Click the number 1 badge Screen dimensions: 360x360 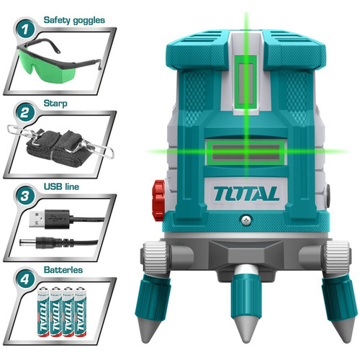click(x=25, y=30)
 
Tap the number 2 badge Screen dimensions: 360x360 click(x=25, y=112)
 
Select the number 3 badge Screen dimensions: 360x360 click(x=25, y=196)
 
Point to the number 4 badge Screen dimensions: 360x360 click(x=25, y=279)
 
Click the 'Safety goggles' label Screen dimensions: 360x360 click(x=74, y=20)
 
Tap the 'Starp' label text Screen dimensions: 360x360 click(x=55, y=104)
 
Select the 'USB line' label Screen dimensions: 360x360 click(x=61, y=186)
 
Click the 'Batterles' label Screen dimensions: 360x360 click(x=63, y=270)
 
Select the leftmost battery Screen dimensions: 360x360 click(x=43, y=311)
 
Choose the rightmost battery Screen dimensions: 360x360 click(x=81, y=311)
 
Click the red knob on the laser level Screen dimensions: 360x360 click(x=158, y=201)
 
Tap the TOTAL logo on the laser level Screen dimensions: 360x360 click(x=246, y=194)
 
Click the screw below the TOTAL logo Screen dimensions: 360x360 click(x=246, y=219)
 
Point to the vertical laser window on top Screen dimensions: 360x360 click(x=246, y=84)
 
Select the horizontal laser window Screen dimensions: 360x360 click(x=246, y=153)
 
